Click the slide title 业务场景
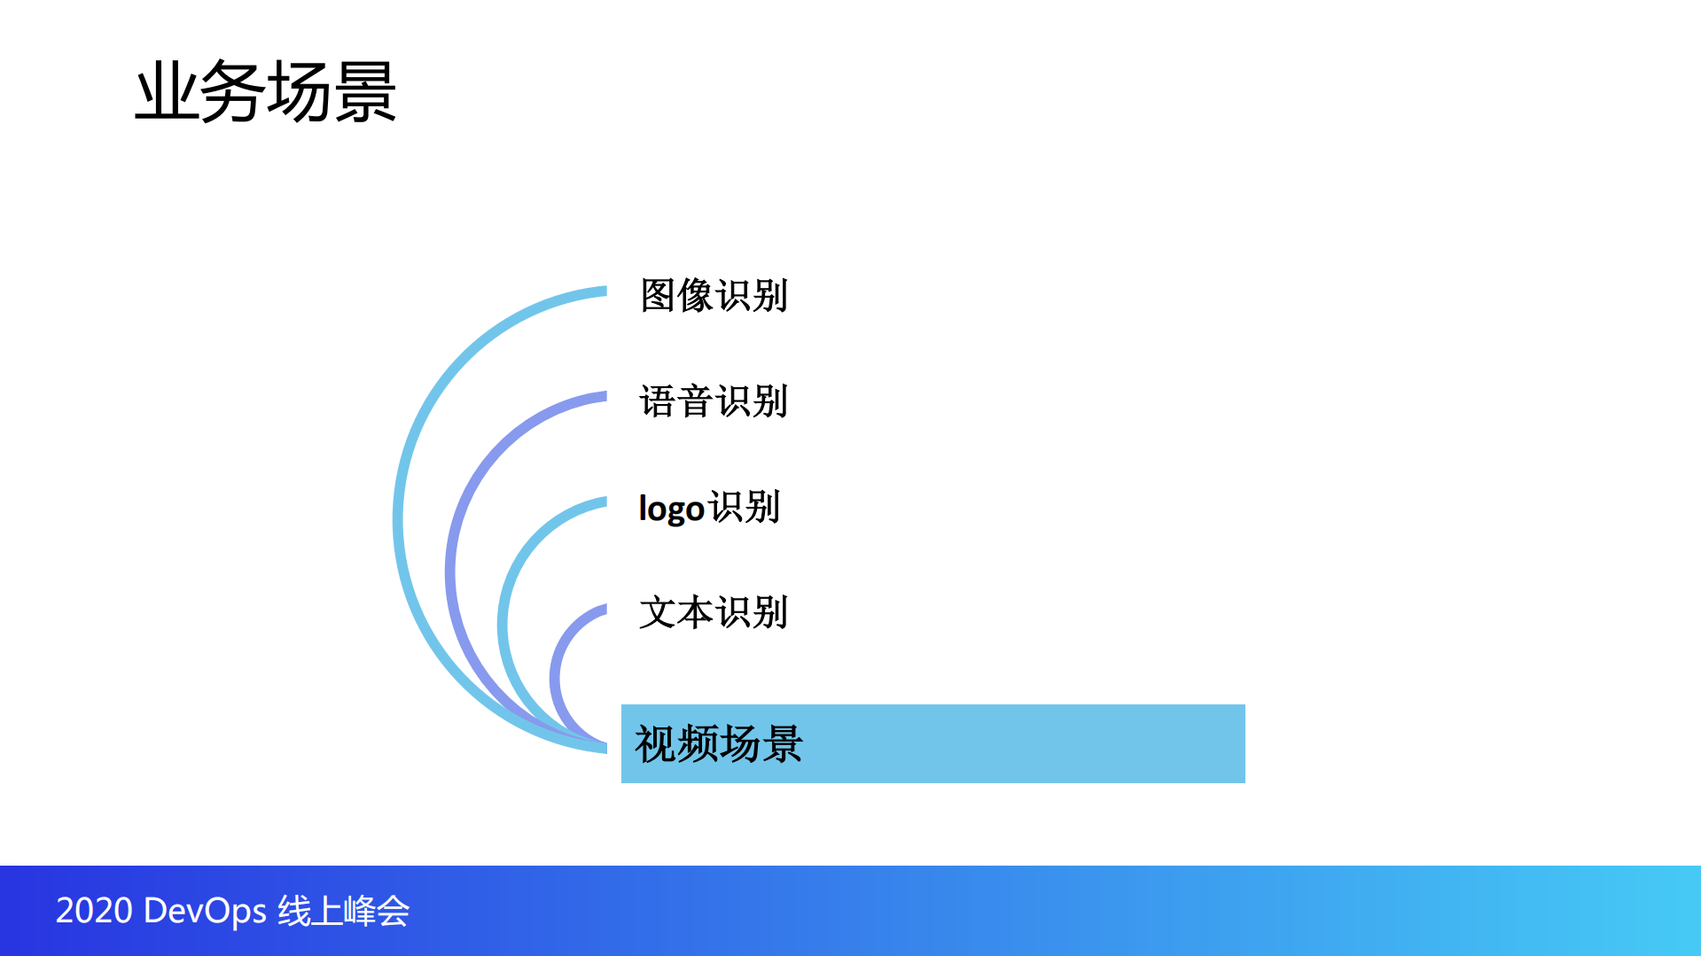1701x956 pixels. click(265, 91)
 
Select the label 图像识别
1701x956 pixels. click(714, 296)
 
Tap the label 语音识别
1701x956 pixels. click(714, 401)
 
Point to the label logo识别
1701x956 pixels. click(709, 508)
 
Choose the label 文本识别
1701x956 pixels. click(714, 612)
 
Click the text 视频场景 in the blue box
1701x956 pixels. click(719, 744)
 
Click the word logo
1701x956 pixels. click(671, 509)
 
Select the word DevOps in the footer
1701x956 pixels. click(205, 911)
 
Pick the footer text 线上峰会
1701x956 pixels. click(343, 911)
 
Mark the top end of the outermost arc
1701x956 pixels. click(603, 291)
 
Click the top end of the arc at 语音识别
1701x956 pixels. click(603, 397)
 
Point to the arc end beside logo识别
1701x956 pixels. click(603, 502)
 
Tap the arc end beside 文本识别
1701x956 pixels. click(603, 609)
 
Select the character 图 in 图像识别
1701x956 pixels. click(658, 296)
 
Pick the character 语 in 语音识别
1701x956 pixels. click(658, 401)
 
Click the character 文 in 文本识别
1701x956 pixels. click(658, 612)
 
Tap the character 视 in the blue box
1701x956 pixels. click(655, 744)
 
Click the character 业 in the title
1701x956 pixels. click(167, 91)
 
